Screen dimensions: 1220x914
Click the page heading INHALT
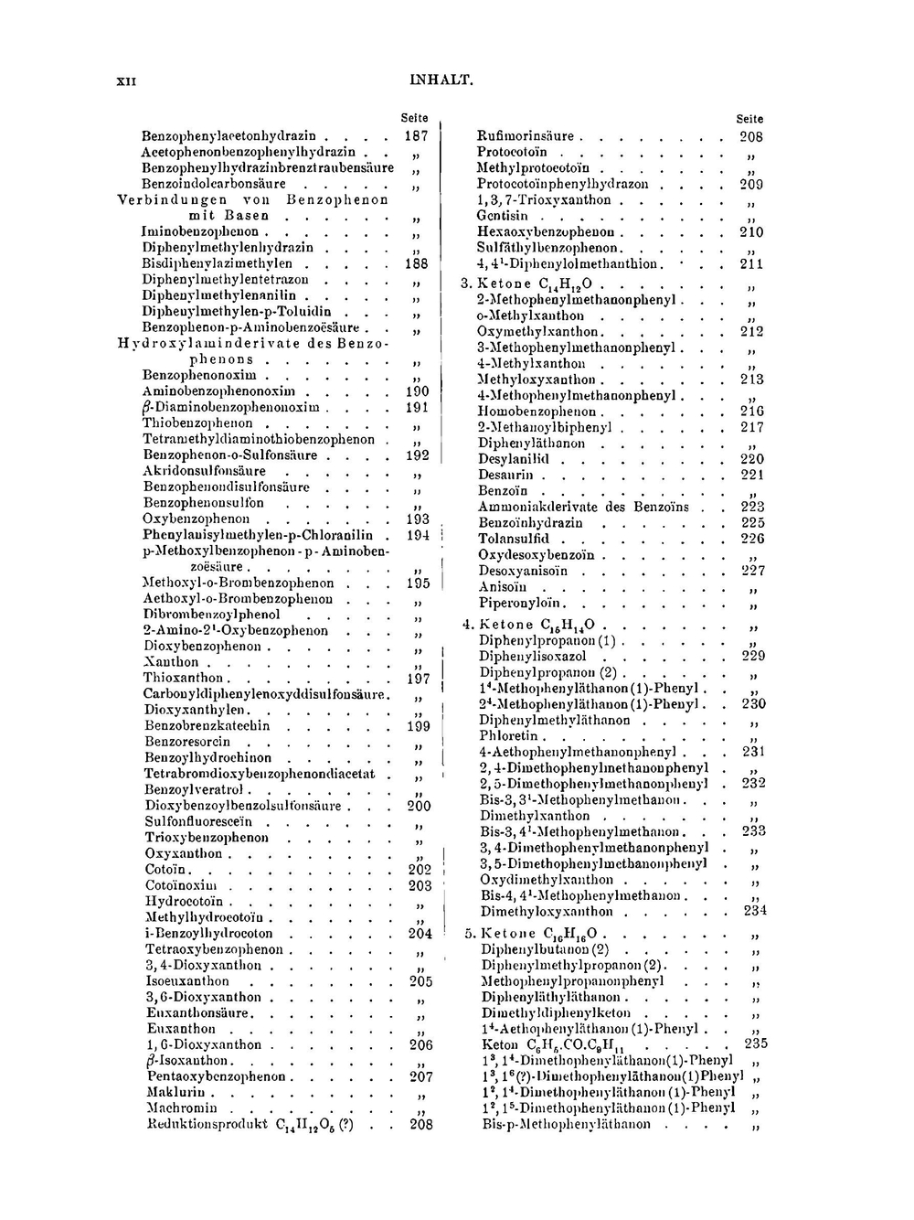[x=441, y=80]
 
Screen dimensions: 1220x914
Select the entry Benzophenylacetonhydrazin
[x=228, y=135]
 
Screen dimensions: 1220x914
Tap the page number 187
[x=416, y=135]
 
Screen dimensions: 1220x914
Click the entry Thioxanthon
[x=184, y=678]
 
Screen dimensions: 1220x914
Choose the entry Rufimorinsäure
[x=526, y=136]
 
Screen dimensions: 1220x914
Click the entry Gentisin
[x=503, y=216]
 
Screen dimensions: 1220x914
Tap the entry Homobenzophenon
[x=537, y=412]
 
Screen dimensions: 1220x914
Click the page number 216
[x=752, y=412]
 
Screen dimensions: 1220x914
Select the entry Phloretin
[x=509, y=735]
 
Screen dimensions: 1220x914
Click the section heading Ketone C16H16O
[x=538, y=934]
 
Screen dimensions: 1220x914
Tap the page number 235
[x=756, y=1043]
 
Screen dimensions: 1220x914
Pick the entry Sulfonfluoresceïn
[x=198, y=821]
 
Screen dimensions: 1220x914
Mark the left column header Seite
[x=415, y=118]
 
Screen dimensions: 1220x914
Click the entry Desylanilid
[x=513, y=459]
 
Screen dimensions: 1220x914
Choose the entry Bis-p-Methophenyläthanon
[x=566, y=1124]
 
